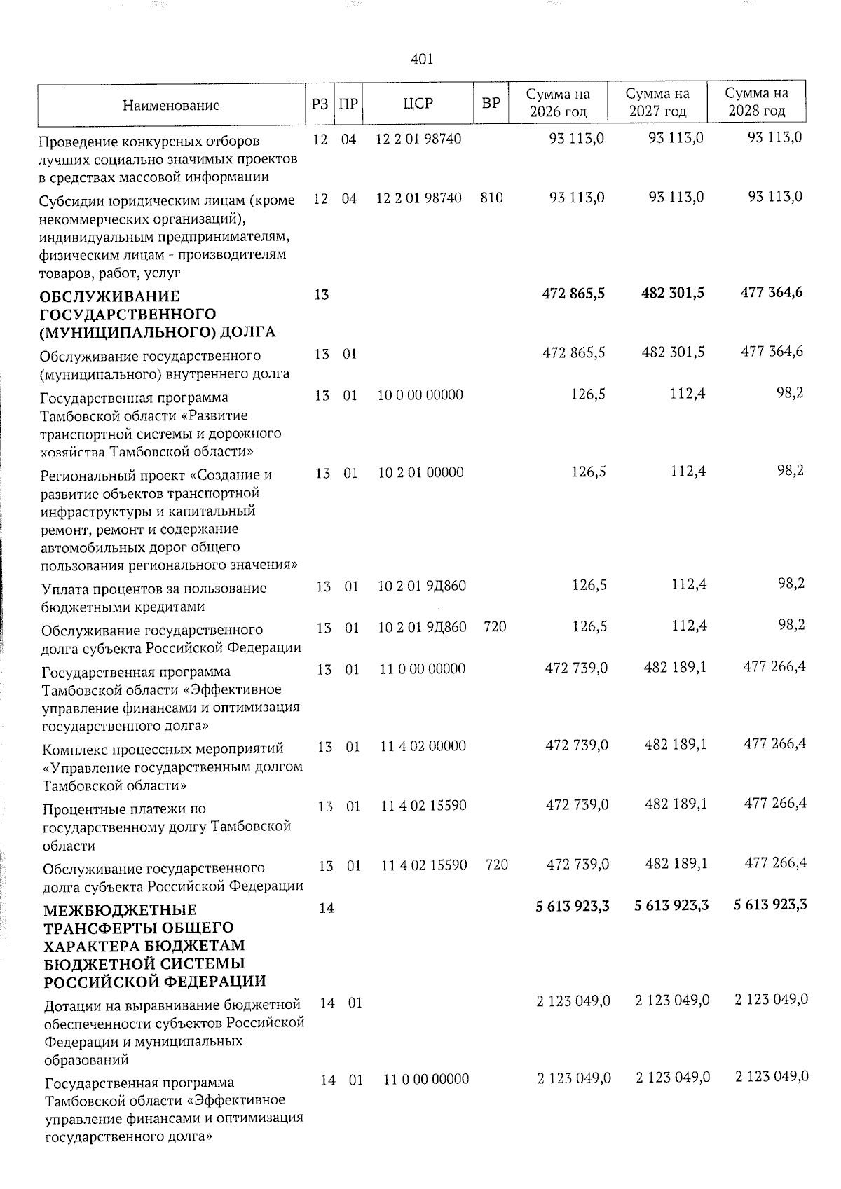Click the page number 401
pyautogui.click(x=422, y=60)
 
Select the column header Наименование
pyautogui.click(x=171, y=106)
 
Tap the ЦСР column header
pyautogui.click(x=418, y=104)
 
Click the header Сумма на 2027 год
pyautogui.click(x=657, y=102)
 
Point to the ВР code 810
pyautogui.click(x=492, y=198)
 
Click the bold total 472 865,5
pyautogui.click(x=573, y=294)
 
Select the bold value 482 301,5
pyautogui.click(x=673, y=293)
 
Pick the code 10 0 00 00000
pyautogui.click(x=420, y=395)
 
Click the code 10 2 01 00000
pyautogui.click(x=420, y=472)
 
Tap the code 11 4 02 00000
pyautogui.click(x=423, y=746)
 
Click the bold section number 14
pyautogui.click(x=326, y=908)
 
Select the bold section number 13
pyautogui.click(x=321, y=295)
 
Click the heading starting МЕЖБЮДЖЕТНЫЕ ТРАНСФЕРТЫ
pyautogui.click(x=144, y=945)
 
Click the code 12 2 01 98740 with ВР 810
pyautogui.click(x=418, y=198)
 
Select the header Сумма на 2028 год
pyautogui.click(x=757, y=102)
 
